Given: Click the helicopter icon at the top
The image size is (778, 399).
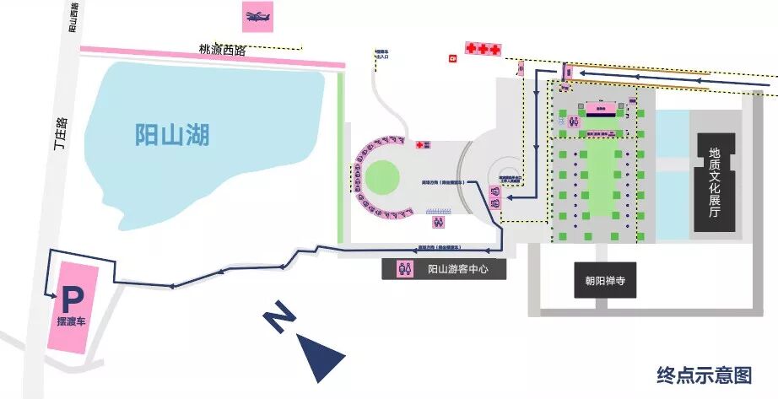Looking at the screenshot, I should [x=256, y=16].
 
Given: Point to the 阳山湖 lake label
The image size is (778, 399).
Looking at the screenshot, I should [x=172, y=134].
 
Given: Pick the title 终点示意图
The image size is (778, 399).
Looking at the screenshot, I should [x=704, y=374].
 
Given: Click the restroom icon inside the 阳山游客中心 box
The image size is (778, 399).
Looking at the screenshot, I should [x=408, y=269].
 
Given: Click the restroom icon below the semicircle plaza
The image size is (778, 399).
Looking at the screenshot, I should [x=439, y=223].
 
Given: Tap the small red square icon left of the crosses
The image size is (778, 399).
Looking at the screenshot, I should [x=452, y=57].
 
